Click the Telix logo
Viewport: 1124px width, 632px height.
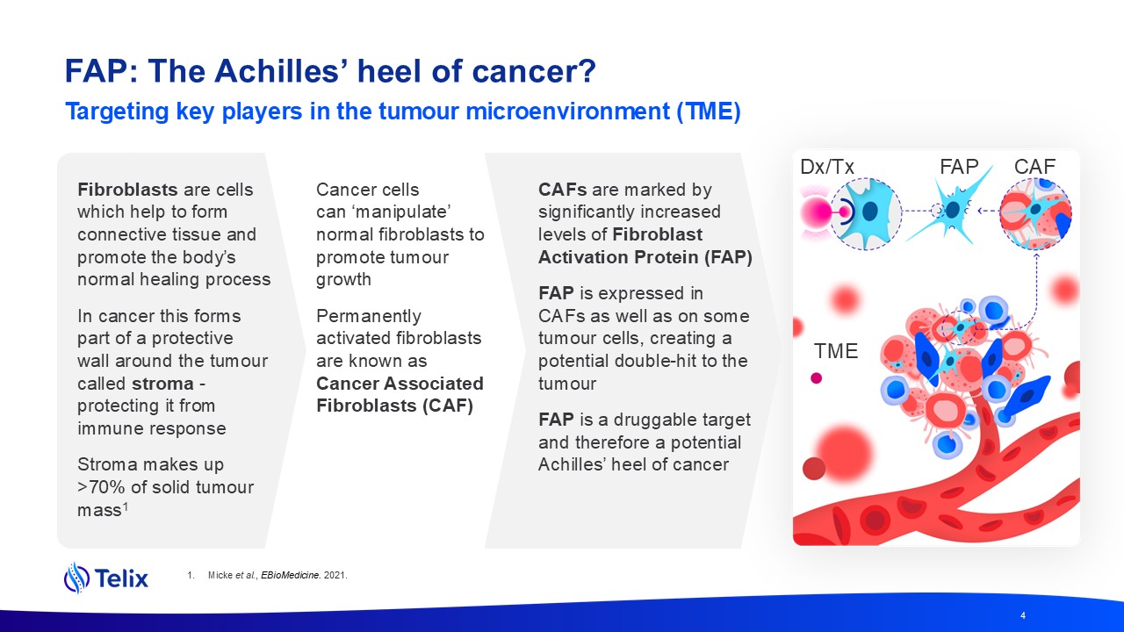(x=106, y=578)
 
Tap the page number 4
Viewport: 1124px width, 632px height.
(x=1023, y=615)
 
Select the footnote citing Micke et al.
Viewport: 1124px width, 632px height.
(x=267, y=575)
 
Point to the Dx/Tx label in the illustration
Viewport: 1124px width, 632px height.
(x=827, y=167)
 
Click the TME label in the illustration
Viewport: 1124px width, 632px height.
(x=836, y=351)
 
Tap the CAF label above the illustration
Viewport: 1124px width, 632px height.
(x=1034, y=167)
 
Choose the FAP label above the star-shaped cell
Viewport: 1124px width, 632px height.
(x=959, y=167)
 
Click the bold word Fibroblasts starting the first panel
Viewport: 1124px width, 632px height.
(x=127, y=190)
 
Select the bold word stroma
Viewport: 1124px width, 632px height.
(x=162, y=384)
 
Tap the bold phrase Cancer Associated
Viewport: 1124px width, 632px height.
(x=400, y=384)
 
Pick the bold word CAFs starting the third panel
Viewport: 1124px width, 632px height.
(x=563, y=190)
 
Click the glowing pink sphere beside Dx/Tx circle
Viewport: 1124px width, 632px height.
(x=816, y=212)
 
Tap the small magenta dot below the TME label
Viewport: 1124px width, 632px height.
(x=817, y=378)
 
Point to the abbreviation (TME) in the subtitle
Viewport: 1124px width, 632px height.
(x=709, y=111)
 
